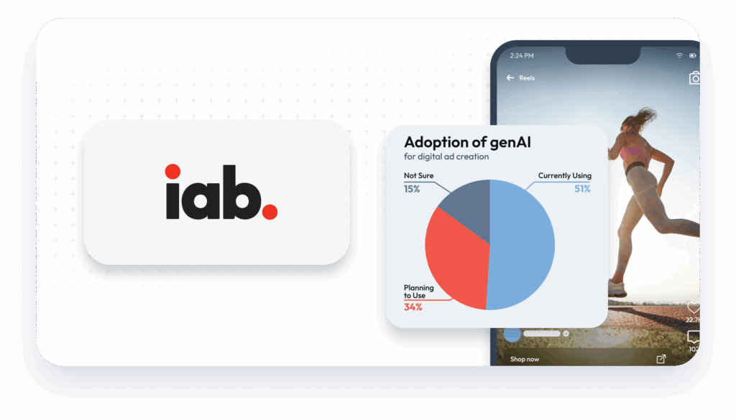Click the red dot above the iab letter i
point(172,171)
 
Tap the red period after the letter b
point(270,212)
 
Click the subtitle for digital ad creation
point(446,157)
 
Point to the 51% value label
point(581,189)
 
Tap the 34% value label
point(413,307)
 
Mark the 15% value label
point(413,189)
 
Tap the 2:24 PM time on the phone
point(523,55)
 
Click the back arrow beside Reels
point(511,78)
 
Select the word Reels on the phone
point(527,78)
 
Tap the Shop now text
point(524,359)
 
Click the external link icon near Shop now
point(661,359)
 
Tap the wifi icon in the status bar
point(679,55)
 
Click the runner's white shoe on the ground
point(617,288)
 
